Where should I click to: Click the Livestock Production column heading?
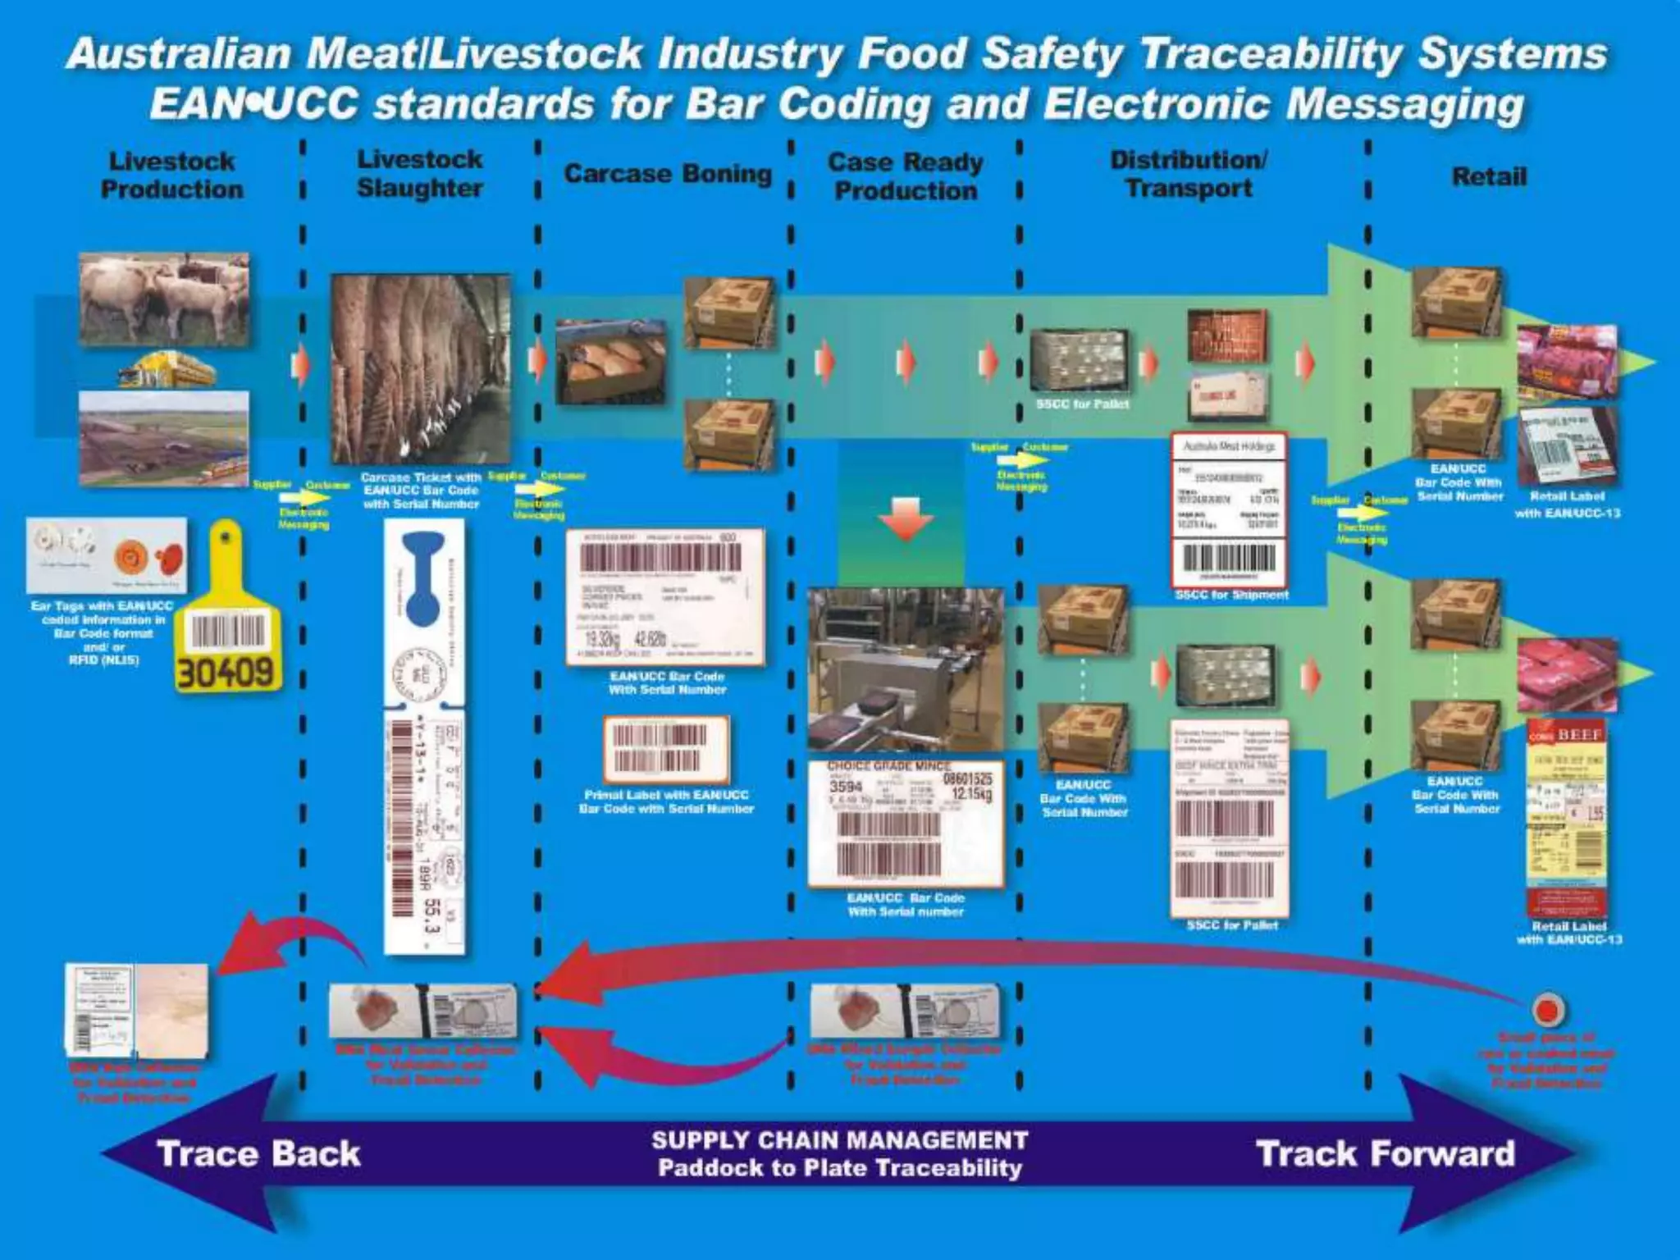point(172,176)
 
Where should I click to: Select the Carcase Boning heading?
point(668,174)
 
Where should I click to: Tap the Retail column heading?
point(1489,176)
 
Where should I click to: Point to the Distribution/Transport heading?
point(1189,174)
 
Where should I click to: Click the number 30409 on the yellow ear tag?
point(226,673)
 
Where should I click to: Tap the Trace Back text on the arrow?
point(258,1153)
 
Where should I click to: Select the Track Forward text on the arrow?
point(1386,1153)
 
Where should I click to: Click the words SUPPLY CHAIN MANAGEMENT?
point(839,1140)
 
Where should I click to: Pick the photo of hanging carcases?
point(420,368)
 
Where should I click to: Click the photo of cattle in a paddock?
point(164,299)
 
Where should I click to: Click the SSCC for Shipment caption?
point(1231,595)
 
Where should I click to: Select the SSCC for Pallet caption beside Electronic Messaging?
point(1083,404)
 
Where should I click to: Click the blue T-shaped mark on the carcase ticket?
point(423,574)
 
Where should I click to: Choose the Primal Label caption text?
point(666,801)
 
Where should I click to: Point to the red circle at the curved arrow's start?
point(1547,1009)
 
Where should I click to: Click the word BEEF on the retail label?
point(1579,735)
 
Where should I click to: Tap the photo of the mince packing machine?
point(906,669)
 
